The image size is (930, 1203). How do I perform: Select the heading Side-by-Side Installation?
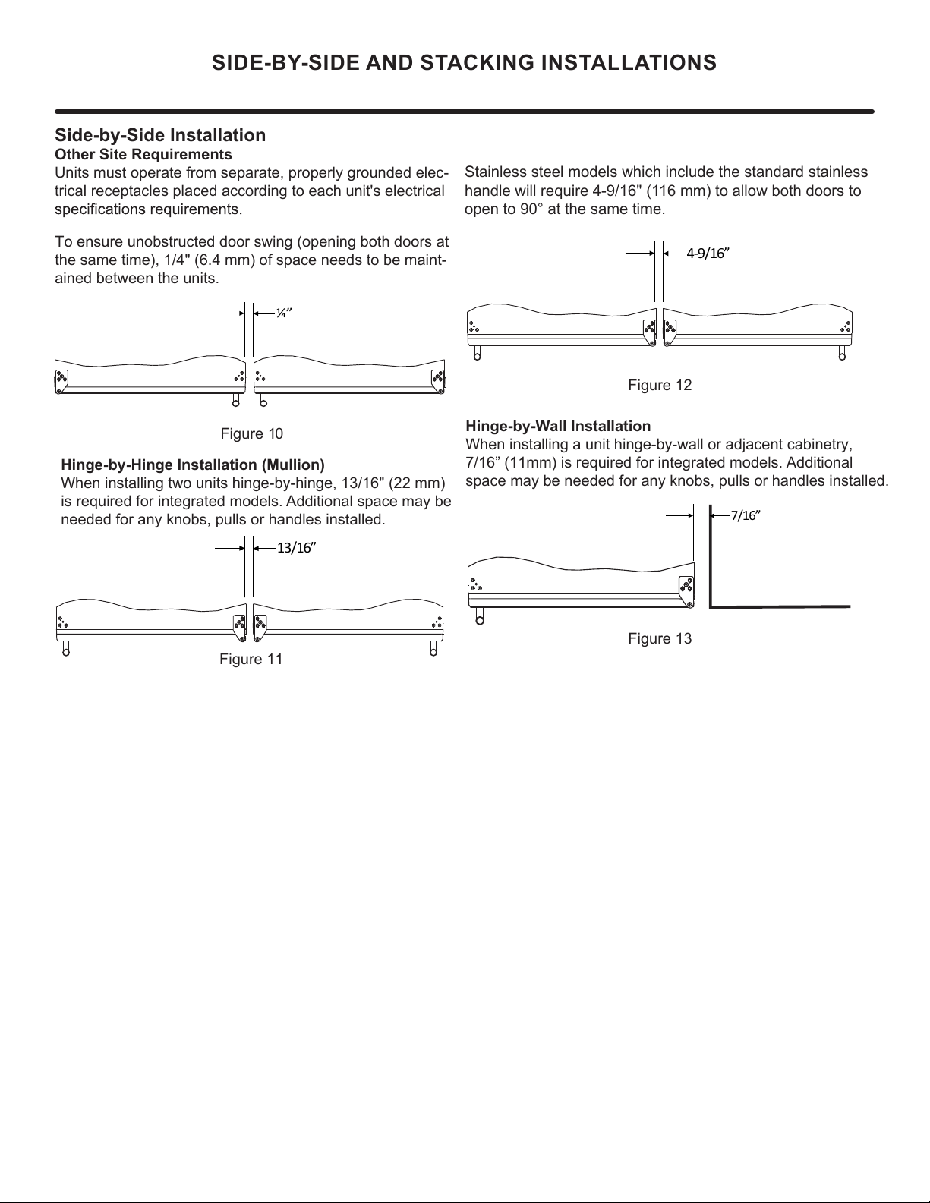[160, 135]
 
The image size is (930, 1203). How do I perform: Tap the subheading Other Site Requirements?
[143, 155]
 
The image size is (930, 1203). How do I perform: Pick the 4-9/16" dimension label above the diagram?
[708, 254]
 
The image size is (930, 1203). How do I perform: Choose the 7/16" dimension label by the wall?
[745, 516]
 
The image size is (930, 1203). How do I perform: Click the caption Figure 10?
[251, 433]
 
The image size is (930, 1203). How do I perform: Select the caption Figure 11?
[251, 659]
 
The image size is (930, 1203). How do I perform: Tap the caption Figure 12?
[660, 385]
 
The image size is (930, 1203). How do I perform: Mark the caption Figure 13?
[660, 638]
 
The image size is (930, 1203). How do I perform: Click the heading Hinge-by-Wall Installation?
[558, 426]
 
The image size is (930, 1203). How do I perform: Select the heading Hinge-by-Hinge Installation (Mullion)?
[192, 465]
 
